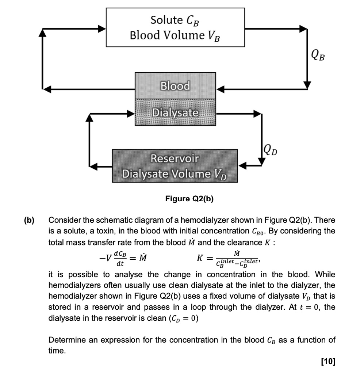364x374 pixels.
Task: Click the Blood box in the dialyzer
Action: (x=175, y=86)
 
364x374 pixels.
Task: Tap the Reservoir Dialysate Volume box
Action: (x=175, y=165)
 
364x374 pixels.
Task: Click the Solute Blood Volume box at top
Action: (x=175, y=28)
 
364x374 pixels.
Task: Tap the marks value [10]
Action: (x=327, y=362)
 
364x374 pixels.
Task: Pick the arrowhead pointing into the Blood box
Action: (x=221, y=89)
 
